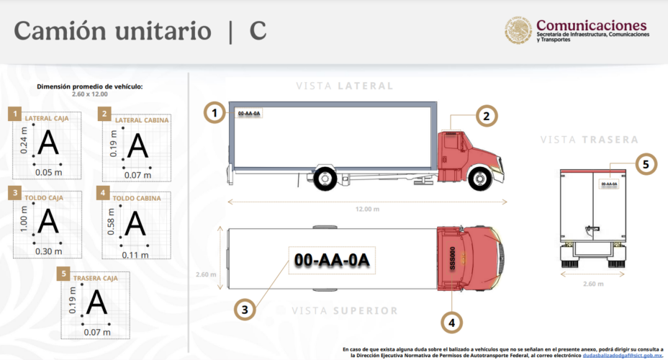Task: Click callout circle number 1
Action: (x=215, y=112)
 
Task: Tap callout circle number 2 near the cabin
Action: (x=486, y=115)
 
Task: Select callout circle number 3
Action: (x=245, y=310)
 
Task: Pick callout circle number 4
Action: (x=451, y=323)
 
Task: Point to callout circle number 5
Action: (x=646, y=164)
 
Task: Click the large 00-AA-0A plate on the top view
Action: (x=331, y=261)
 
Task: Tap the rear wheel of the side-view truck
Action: (x=326, y=177)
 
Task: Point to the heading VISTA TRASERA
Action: (x=589, y=139)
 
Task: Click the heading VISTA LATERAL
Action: (x=345, y=86)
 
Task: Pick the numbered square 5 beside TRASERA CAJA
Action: (x=65, y=274)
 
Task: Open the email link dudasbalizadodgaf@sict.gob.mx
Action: (x=623, y=355)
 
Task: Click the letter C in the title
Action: (x=258, y=31)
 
